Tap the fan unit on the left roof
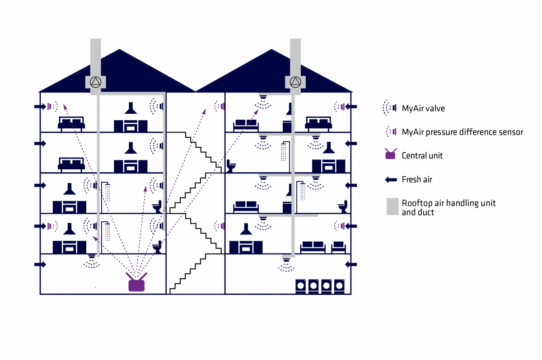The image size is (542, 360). (x=95, y=82)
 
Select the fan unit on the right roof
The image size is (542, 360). (x=295, y=82)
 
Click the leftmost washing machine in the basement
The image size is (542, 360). (x=301, y=286)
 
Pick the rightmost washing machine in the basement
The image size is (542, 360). (x=339, y=286)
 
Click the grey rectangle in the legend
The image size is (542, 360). (x=392, y=206)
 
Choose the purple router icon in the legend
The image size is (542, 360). (x=390, y=154)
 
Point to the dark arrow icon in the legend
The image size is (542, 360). (x=391, y=180)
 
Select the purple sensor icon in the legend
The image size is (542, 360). (x=392, y=131)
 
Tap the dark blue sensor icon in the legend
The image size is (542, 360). (x=390, y=108)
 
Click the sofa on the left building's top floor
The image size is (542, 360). (x=71, y=123)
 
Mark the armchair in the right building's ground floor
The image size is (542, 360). (x=339, y=247)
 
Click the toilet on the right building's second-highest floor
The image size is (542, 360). (x=231, y=166)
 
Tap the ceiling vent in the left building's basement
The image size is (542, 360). (x=92, y=261)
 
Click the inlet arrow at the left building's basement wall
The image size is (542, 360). (x=40, y=264)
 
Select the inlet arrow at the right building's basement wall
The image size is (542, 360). (x=351, y=264)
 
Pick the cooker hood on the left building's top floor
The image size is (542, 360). (x=131, y=108)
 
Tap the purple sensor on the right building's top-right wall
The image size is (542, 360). (x=339, y=107)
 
